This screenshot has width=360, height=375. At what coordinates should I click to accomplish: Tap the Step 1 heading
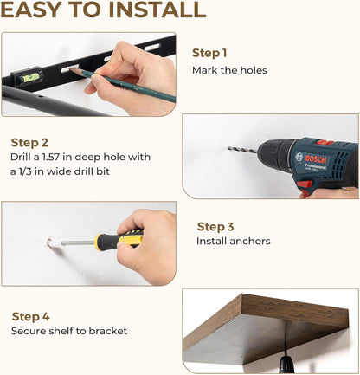tap(209, 53)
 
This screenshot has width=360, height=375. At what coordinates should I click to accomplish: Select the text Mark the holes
tap(229, 70)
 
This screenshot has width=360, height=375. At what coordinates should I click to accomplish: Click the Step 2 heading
tap(29, 143)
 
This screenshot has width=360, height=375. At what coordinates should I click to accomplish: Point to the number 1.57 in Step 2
tap(51, 157)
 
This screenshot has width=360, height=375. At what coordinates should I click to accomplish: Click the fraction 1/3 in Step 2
tap(24, 171)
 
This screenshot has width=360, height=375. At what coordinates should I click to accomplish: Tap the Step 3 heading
tap(215, 227)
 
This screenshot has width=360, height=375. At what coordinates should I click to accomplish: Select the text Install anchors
tap(234, 241)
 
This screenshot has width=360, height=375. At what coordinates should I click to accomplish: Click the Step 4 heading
tap(30, 317)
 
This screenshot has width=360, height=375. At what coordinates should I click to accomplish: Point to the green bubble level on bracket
tap(30, 77)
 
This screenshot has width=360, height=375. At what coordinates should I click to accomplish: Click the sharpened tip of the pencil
tap(71, 69)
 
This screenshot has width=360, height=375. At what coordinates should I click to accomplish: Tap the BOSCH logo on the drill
tap(316, 158)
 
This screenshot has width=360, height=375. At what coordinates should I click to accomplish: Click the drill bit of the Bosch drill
tap(243, 150)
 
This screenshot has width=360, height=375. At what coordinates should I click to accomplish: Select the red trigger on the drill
tap(305, 184)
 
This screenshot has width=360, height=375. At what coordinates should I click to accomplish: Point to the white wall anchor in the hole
tap(55, 242)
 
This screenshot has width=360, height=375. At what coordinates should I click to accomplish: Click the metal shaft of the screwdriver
tap(78, 242)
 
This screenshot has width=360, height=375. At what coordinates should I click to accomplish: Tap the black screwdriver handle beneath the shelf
tap(286, 365)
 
